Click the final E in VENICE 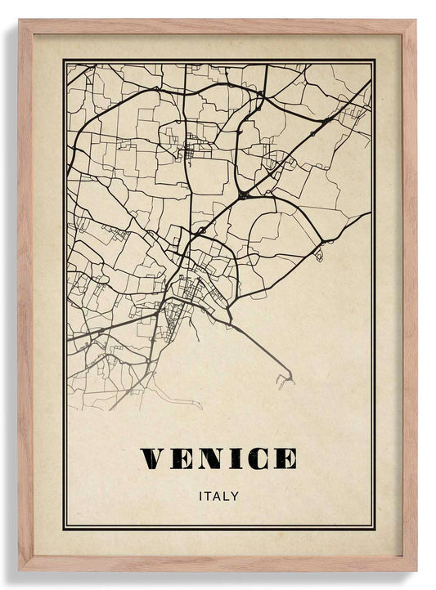coord(284,458)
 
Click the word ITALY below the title coord(218,495)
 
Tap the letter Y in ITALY coord(236,495)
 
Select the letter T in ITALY coord(208,495)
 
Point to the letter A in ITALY coord(217,495)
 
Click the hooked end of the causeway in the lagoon coord(287,378)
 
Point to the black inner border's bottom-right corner coord(374,528)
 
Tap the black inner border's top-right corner coord(374,60)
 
